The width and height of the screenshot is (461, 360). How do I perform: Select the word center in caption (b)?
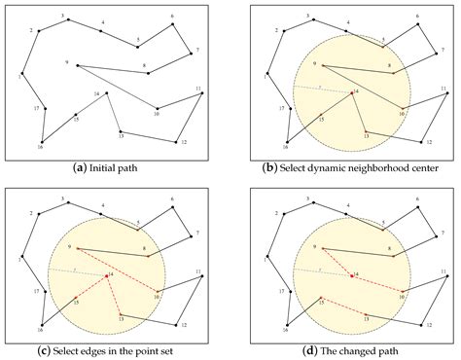pyautogui.click(x=407, y=166)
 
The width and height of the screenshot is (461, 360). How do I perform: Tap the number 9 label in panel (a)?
pyautogui.click(x=68, y=62)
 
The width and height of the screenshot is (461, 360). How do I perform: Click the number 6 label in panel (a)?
pyautogui.click(x=172, y=16)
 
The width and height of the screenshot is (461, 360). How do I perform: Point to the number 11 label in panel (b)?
pyautogui.click(x=443, y=89)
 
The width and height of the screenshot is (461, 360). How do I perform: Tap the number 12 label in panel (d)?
pyautogui.click(x=428, y=326)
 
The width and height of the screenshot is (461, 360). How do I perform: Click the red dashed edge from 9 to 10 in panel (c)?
pyautogui.click(x=117, y=270)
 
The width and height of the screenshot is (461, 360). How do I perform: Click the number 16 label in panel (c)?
pyautogui.click(x=41, y=330)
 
